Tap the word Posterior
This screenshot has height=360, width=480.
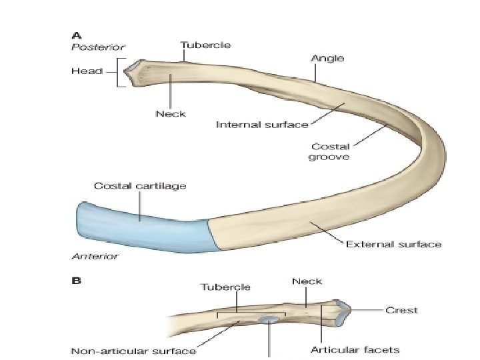click(97, 47)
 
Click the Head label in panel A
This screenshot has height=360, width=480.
click(86, 71)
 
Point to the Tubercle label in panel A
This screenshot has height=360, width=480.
click(205, 45)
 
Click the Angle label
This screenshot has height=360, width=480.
click(327, 59)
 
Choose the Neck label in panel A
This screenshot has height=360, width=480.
click(171, 113)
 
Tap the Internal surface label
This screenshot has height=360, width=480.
click(261, 124)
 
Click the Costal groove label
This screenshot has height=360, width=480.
click(329, 152)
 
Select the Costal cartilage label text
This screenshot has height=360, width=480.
click(140, 185)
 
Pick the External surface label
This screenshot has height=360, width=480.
click(393, 244)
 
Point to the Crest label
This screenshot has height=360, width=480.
click(401, 309)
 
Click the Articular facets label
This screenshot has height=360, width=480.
click(355, 349)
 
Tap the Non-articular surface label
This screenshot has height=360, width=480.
click(133, 351)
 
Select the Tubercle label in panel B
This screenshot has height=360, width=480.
click(225, 287)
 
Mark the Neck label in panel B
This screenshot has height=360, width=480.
click(307, 282)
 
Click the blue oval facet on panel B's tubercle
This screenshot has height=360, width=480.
click(269, 321)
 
